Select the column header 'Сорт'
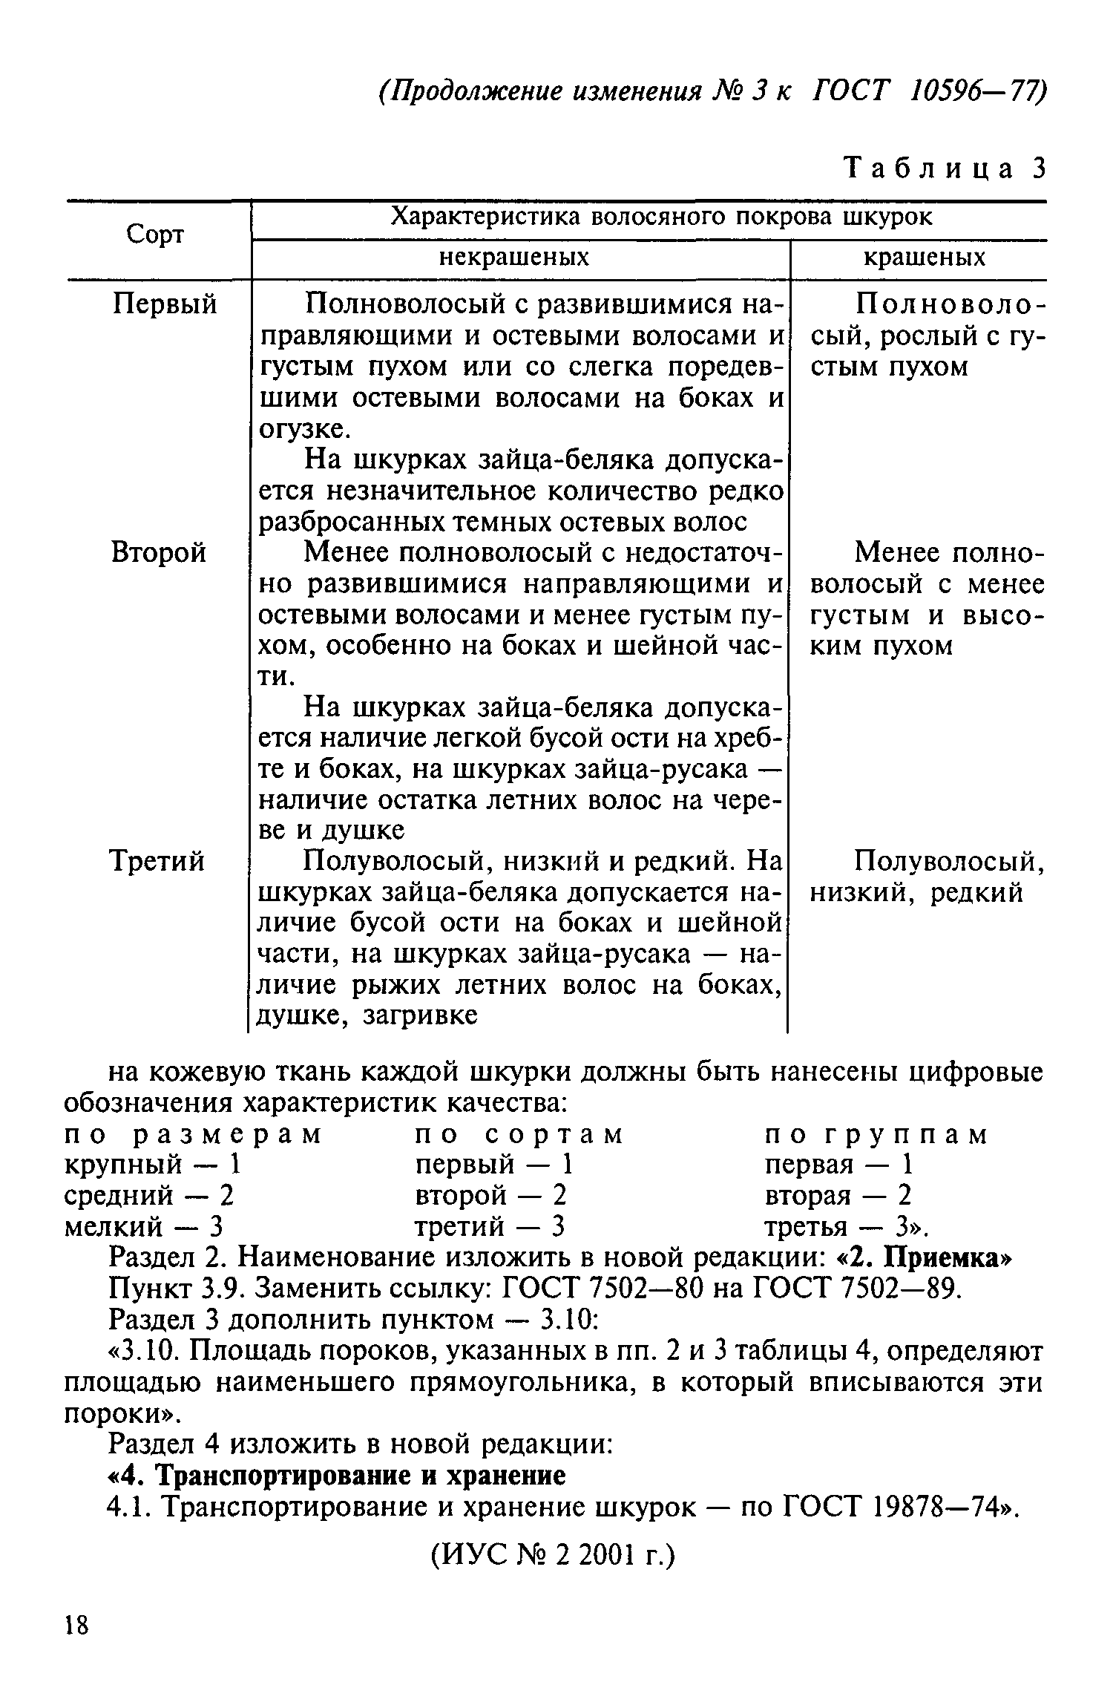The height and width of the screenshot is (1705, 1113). tap(154, 235)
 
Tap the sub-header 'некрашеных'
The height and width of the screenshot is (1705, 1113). tap(514, 258)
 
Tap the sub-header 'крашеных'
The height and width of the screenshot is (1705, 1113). tap(924, 258)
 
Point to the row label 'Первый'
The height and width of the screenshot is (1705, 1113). tap(165, 304)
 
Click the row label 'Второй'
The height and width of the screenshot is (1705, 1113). tap(159, 553)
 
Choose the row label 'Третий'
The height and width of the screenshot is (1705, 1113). tap(157, 862)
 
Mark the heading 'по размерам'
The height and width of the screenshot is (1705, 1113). tap(194, 1136)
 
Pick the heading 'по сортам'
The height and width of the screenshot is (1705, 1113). tap(519, 1136)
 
